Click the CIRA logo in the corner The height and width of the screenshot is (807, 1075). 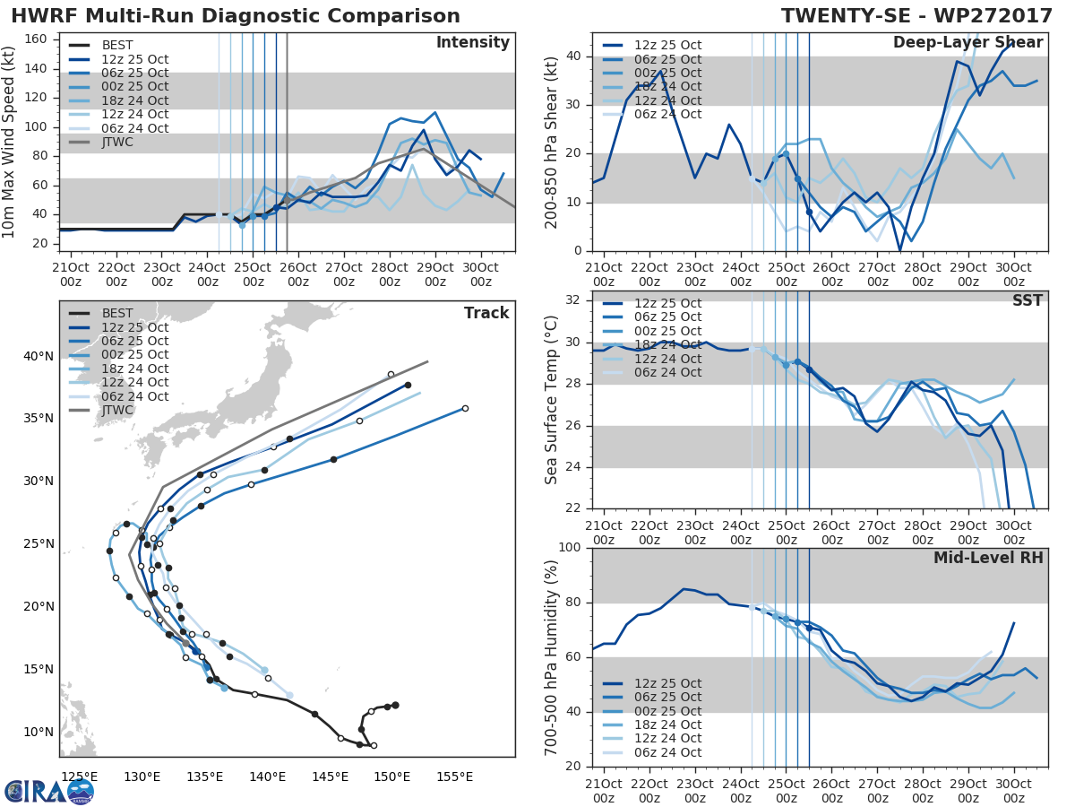(49, 790)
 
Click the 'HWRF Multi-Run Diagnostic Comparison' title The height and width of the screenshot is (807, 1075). (236, 16)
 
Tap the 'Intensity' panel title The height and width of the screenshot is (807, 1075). (472, 43)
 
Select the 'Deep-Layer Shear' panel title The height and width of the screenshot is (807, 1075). (967, 43)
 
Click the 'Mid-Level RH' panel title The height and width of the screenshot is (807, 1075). (988, 559)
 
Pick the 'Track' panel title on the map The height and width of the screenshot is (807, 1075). (486, 313)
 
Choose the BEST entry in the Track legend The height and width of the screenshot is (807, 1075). (117, 313)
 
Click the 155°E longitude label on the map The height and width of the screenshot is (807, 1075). (454, 776)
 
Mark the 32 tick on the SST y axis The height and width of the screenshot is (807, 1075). (576, 300)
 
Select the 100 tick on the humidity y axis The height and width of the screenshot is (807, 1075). (571, 547)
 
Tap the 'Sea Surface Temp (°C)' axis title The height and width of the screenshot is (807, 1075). (552, 401)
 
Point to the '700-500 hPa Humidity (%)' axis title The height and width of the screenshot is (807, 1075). (552, 656)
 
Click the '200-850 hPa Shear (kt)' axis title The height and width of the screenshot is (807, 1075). (552, 142)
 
